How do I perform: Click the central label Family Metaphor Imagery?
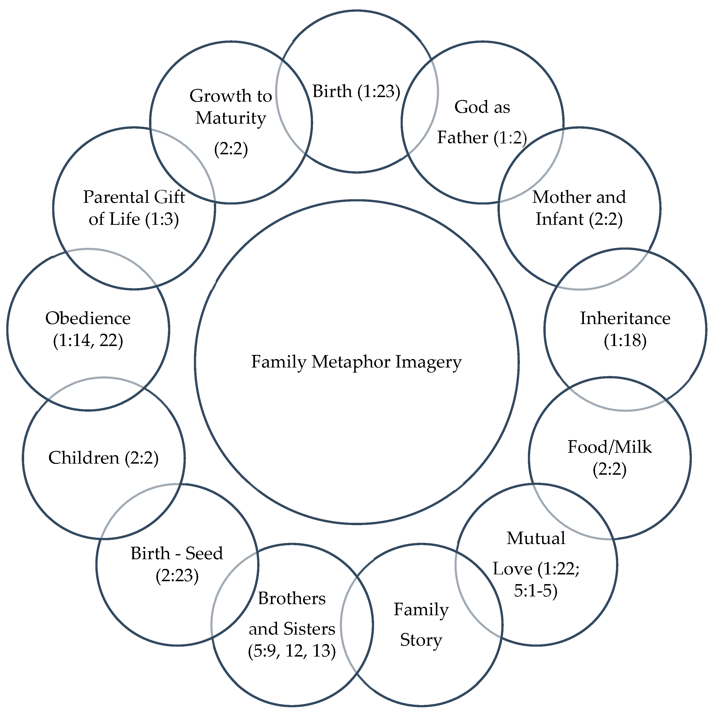pos(356,362)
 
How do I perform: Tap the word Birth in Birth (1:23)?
pos(332,91)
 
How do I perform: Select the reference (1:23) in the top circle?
pos(379,91)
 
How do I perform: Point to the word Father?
pos(462,137)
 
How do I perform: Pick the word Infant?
pos(560,219)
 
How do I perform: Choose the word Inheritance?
pos(625,318)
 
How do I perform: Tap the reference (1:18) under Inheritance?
pos(625,340)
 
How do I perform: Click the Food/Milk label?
pos(609,447)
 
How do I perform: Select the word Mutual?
pos(536,538)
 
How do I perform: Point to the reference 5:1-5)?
pos(536,591)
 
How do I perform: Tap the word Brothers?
pos(292,598)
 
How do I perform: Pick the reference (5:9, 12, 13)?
pos(292,651)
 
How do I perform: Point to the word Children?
pos(84,458)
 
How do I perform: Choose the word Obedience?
pos(88,318)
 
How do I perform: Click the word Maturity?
pos(231,118)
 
